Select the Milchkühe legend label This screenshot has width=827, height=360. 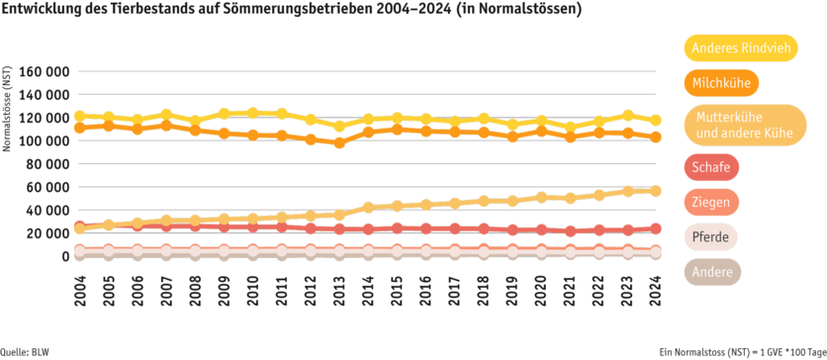click(719, 83)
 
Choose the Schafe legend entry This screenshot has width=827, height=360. click(711, 167)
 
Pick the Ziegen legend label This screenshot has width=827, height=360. click(712, 203)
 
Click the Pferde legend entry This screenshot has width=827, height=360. click(712, 237)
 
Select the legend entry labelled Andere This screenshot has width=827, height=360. click(711, 272)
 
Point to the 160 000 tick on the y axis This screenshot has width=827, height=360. click(45, 72)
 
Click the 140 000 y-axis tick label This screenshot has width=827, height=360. click(45, 95)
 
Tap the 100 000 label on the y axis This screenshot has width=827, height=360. click(45, 141)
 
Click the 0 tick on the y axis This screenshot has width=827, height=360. click(65, 256)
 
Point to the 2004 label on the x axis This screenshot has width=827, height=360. click(79, 291)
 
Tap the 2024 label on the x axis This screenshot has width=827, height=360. click(655, 291)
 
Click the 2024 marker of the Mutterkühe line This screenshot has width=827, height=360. click(655, 190)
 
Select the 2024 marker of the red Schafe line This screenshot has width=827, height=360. click(655, 228)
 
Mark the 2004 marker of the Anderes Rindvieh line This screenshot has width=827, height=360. click(79, 116)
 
